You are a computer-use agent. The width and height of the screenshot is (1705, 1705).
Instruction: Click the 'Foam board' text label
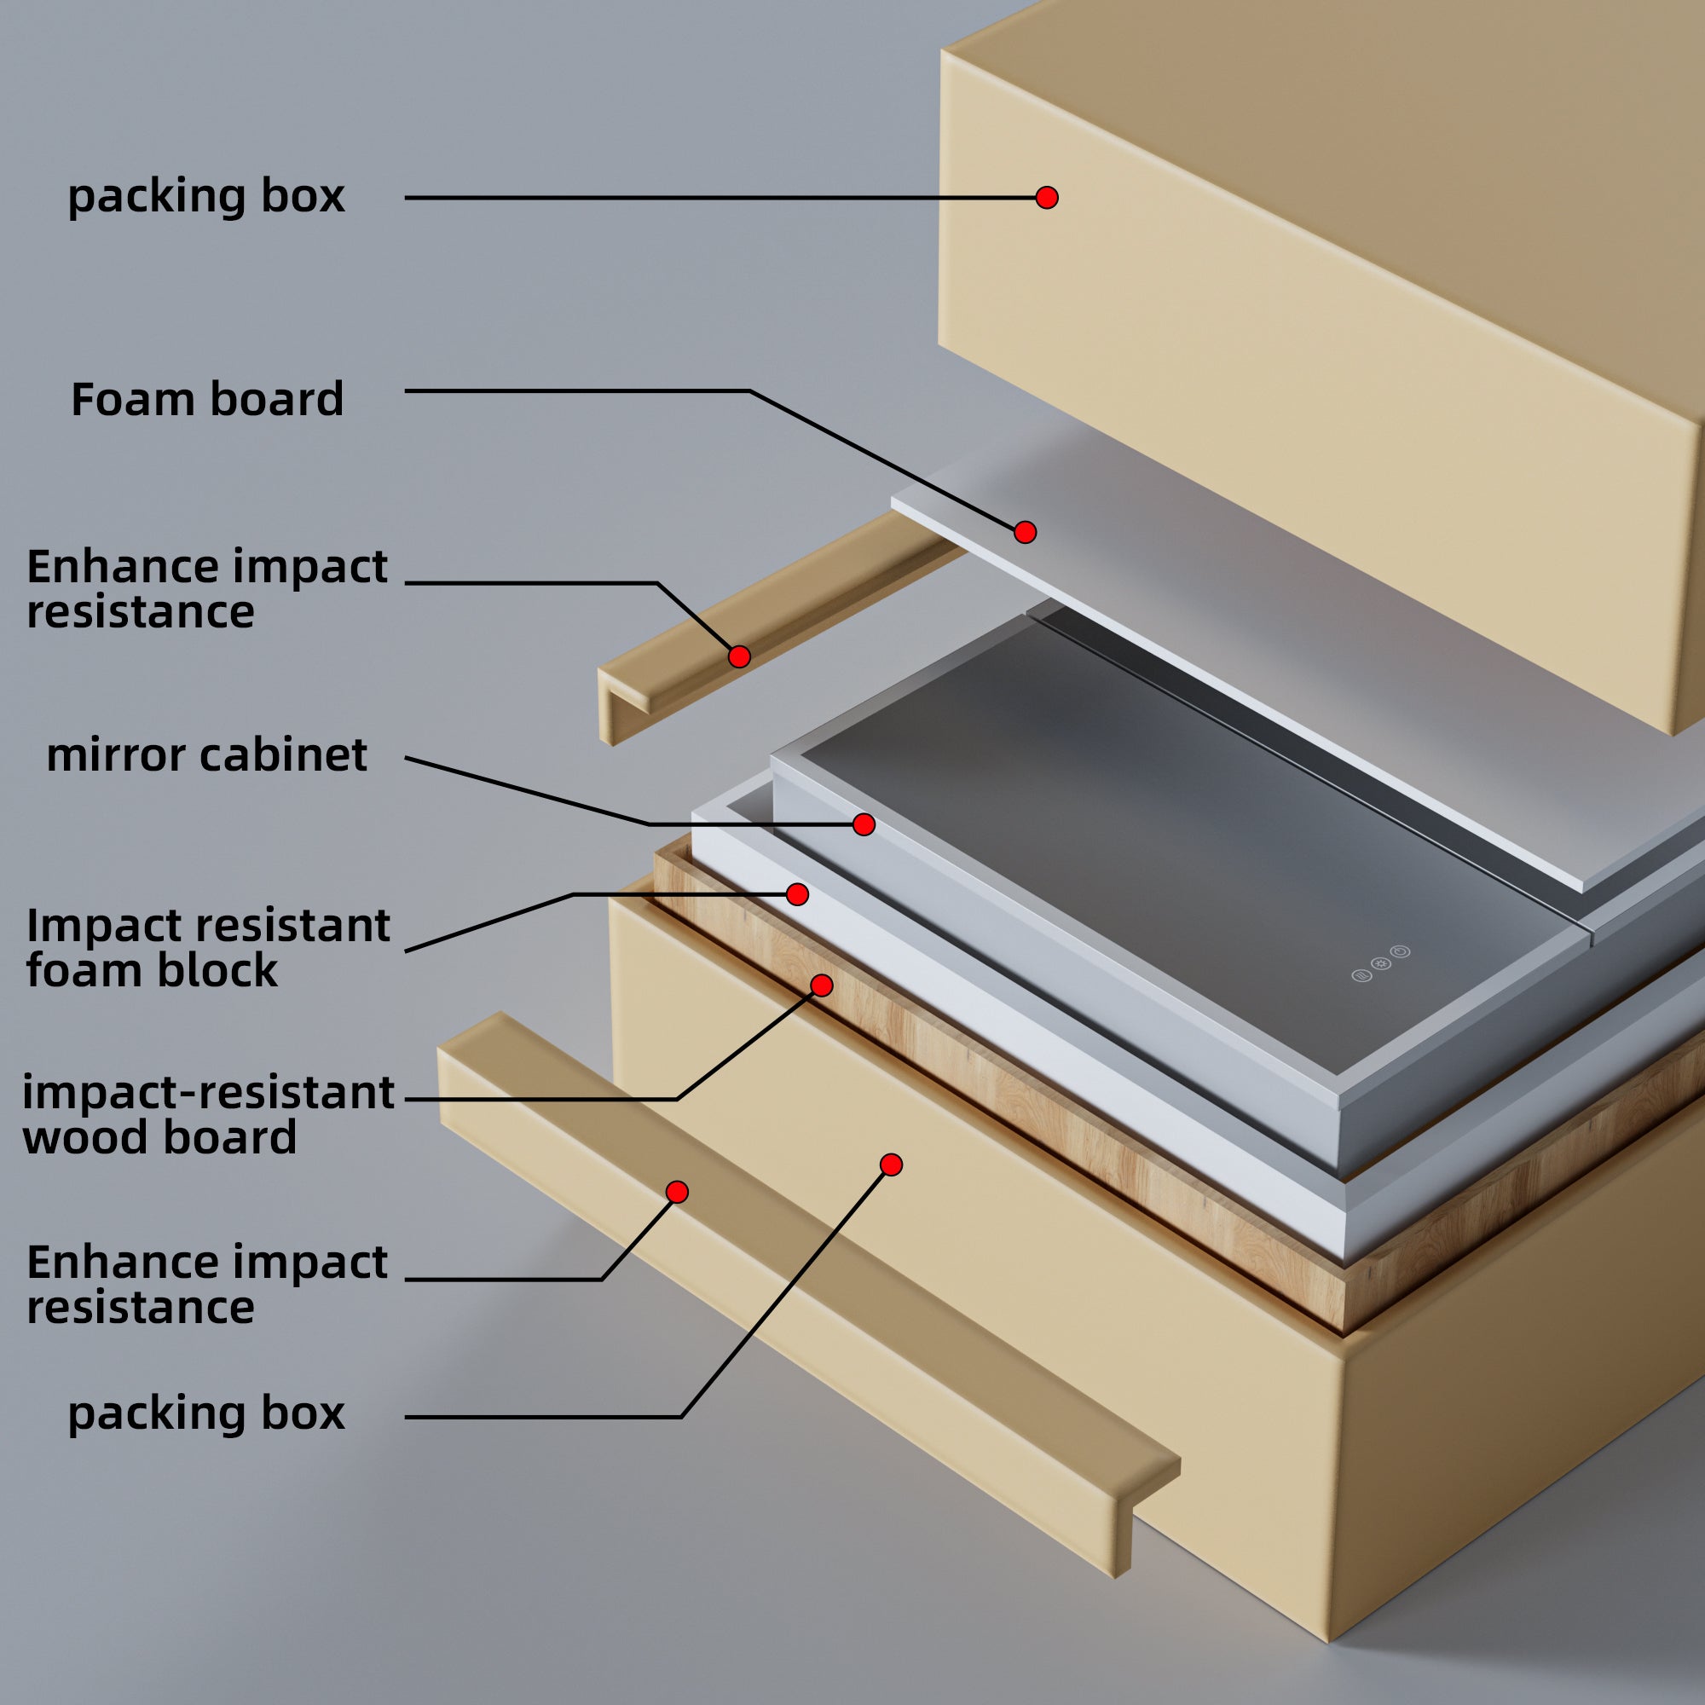tap(207, 400)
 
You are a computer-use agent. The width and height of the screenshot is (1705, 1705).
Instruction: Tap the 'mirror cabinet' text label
tap(206, 755)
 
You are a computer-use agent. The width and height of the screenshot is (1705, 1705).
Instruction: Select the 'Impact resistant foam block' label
tap(207, 948)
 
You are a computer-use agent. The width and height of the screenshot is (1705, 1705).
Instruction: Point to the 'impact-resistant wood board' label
tap(207, 1114)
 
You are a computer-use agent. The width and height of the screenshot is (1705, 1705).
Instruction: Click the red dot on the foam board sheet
tap(1025, 532)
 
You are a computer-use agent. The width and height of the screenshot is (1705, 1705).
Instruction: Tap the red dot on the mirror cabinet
tap(864, 824)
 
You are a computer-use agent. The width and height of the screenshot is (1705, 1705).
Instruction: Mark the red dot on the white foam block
tap(797, 895)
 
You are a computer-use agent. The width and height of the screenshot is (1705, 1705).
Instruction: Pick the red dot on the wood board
tap(822, 985)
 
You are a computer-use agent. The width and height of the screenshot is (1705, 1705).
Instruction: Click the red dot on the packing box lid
tap(1047, 198)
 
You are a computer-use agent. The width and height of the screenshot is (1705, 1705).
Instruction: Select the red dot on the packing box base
tap(892, 1165)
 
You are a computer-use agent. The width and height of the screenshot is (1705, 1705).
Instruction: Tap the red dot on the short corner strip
tap(739, 656)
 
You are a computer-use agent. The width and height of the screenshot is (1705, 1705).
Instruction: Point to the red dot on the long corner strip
tap(677, 1193)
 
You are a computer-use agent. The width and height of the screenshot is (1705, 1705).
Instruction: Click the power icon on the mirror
tap(1401, 951)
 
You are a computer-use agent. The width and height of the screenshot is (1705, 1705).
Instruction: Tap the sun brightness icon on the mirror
tap(1381, 962)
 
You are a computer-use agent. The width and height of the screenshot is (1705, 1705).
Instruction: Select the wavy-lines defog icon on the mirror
tap(1361, 975)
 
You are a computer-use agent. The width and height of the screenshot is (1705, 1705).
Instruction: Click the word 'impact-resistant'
tap(207, 1093)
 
